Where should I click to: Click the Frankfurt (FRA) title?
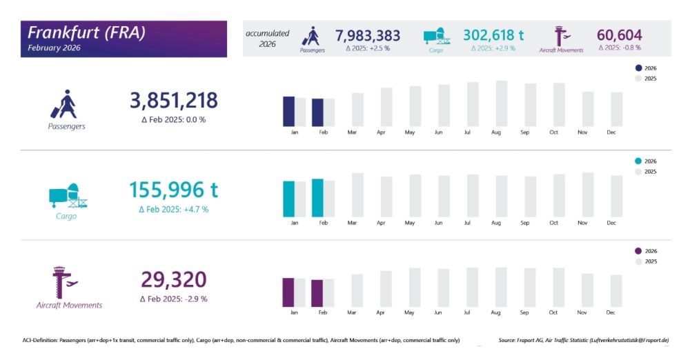click(x=86, y=32)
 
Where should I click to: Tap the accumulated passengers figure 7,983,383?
click(x=368, y=34)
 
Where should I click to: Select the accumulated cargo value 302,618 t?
click(x=493, y=34)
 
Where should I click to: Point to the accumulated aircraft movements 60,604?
click(x=619, y=34)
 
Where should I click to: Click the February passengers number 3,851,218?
click(x=173, y=101)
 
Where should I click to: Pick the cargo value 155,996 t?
click(x=173, y=190)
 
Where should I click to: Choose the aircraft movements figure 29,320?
click(x=173, y=279)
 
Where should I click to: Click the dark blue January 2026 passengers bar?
click(x=288, y=111)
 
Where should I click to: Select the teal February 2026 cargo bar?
click(x=317, y=198)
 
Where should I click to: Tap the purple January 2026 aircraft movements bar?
click(x=288, y=292)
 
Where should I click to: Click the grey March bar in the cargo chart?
click(x=357, y=195)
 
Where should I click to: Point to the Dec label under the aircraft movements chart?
click(x=611, y=312)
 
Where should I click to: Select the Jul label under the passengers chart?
click(x=468, y=132)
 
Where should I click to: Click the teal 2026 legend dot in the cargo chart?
click(x=638, y=161)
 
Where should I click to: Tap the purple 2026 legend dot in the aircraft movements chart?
click(x=638, y=251)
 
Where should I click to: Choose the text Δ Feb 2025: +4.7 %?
click(x=173, y=209)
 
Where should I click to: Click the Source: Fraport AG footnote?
click(x=584, y=340)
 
